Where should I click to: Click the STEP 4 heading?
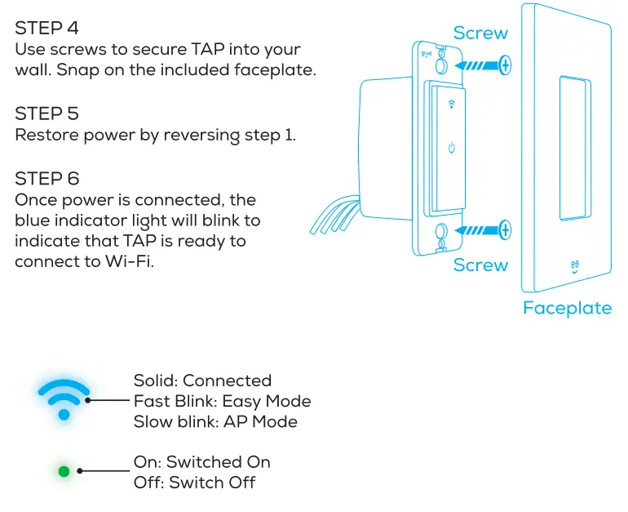tap(47, 29)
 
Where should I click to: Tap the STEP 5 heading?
tap(47, 114)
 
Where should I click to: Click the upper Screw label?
tap(480, 33)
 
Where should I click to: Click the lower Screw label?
tap(480, 265)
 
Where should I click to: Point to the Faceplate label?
tap(567, 308)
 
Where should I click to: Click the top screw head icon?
tap(506, 64)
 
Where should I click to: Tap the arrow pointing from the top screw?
tap(475, 64)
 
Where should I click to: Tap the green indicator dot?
tap(64, 471)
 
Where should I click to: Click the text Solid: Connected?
tap(202, 381)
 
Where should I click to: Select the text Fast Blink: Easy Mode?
tap(222, 401)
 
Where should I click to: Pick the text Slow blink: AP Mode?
tap(215, 421)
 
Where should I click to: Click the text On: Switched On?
tap(201, 462)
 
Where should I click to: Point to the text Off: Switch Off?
tap(194, 483)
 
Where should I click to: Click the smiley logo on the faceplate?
tap(576, 266)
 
